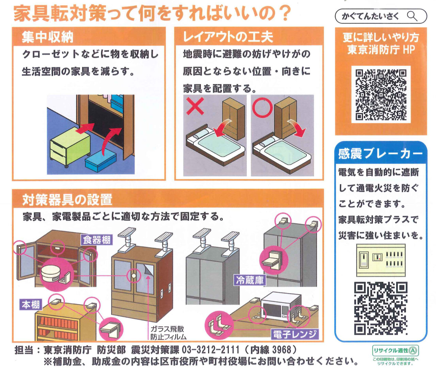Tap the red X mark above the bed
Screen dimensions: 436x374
tap(195, 106)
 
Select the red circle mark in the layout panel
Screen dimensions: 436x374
tap(262, 108)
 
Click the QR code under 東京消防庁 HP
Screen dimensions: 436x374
tap(381, 95)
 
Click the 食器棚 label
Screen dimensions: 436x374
tap(97, 240)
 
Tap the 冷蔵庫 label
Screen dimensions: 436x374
tap(250, 280)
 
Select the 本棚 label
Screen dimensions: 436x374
tap(31, 305)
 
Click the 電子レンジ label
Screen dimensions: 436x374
tap(294, 334)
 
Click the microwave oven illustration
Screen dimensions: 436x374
tap(281, 305)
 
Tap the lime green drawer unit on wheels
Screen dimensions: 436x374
tap(70, 147)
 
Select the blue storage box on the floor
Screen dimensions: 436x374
tap(100, 161)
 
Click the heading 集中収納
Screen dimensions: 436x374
tap(48, 37)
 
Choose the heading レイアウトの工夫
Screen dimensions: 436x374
tap(228, 37)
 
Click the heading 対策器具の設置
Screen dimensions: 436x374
tap(67, 199)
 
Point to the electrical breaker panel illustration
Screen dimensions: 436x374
tap(381, 260)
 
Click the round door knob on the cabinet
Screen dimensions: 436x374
tap(133, 275)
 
